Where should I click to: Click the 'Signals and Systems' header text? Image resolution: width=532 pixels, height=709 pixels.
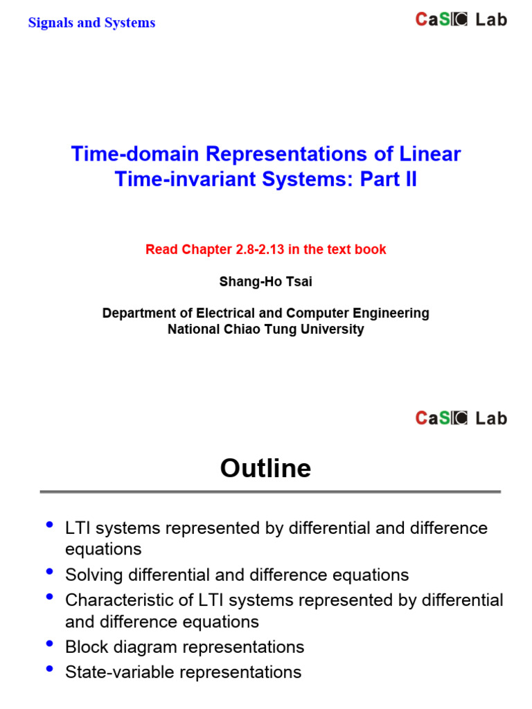[91, 23]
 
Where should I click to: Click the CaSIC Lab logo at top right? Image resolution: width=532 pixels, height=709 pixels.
[461, 20]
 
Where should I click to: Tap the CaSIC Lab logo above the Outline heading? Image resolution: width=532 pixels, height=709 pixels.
[461, 418]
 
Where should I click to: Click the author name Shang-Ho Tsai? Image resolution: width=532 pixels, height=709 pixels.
[265, 282]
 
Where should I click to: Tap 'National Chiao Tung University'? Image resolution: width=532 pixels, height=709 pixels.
[265, 330]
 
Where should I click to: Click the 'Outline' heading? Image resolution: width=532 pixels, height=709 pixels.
[265, 469]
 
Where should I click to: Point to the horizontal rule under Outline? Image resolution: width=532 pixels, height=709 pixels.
[270, 492]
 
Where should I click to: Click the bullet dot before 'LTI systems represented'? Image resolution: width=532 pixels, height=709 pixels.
[49, 525]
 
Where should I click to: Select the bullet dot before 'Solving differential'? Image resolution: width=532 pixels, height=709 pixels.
[49, 572]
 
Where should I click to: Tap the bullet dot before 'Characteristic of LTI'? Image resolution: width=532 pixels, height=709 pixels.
[49, 597]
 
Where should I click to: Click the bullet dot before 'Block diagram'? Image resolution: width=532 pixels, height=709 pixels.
[49, 644]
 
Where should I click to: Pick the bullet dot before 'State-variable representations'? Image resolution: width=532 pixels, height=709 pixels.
[49, 669]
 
